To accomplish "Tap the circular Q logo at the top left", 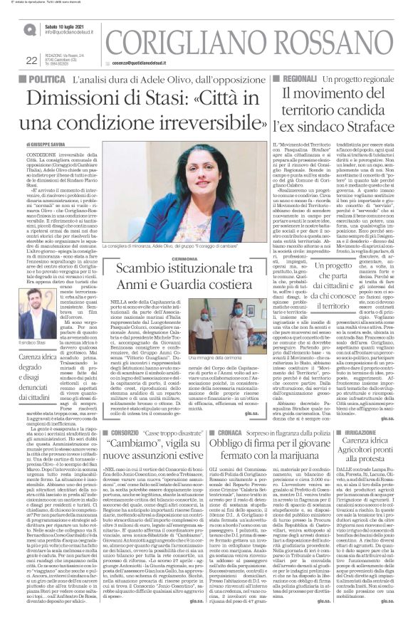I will coord(31,29).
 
